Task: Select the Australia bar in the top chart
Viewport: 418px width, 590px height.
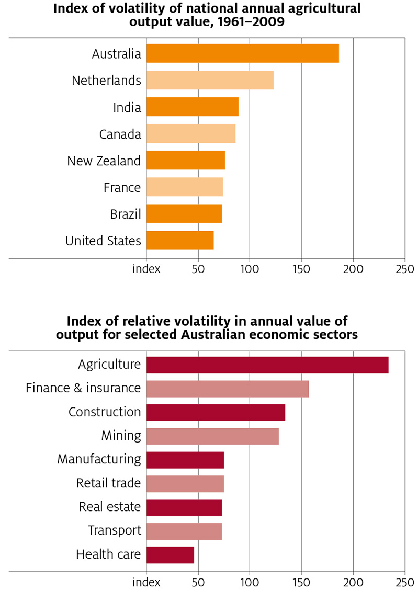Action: (242, 53)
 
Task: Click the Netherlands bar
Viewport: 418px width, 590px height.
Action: (210, 81)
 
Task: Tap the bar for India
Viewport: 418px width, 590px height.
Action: (192, 107)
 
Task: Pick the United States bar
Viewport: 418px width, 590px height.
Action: (179, 241)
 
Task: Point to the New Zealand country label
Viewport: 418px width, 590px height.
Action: (104, 161)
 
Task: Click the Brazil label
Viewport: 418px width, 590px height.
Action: (126, 214)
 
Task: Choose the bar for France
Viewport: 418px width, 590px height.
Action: (184, 187)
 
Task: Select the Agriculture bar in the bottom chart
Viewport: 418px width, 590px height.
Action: (267, 365)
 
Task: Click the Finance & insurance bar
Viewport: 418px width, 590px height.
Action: (227, 389)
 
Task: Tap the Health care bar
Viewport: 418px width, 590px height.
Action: (170, 555)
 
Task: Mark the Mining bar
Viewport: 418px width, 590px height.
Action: (212, 436)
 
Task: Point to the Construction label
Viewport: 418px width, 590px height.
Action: (105, 412)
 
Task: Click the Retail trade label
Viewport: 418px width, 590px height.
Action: (108, 483)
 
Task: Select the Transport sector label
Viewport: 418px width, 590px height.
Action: (115, 531)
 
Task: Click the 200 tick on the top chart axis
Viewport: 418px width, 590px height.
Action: (353, 269)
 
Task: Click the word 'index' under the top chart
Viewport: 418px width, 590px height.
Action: (146, 269)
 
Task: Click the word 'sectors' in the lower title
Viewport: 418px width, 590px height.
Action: (333, 335)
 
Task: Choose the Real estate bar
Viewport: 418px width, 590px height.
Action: (184, 507)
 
